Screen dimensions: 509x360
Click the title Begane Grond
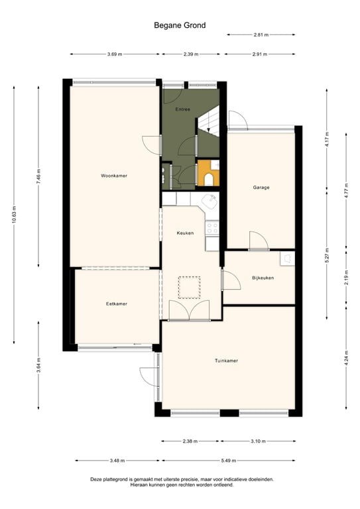(180, 25)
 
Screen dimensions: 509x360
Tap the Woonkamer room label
(114, 176)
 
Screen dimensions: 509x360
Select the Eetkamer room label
(116, 304)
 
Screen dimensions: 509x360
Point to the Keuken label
(185, 233)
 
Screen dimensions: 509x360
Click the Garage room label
(261, 188)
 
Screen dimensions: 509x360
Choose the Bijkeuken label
(263, 278)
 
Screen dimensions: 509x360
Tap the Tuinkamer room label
(226, 361)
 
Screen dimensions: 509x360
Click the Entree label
(183, 109)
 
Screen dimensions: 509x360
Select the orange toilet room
(208, 174)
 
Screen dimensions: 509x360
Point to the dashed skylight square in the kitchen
(190, 286)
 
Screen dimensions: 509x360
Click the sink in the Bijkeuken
(287, 258)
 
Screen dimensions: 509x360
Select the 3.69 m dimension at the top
(115, 54)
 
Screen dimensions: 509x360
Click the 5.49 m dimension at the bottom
(255, 461)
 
